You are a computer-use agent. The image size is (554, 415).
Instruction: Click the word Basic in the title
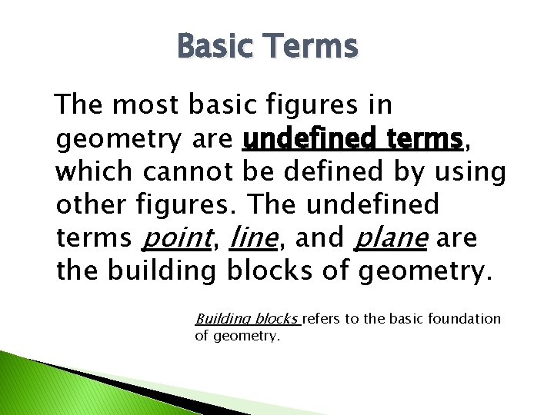coord(217,48)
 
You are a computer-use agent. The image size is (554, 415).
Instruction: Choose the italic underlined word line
coord(253,239)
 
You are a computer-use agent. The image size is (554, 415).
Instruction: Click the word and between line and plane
coord(317,239)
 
